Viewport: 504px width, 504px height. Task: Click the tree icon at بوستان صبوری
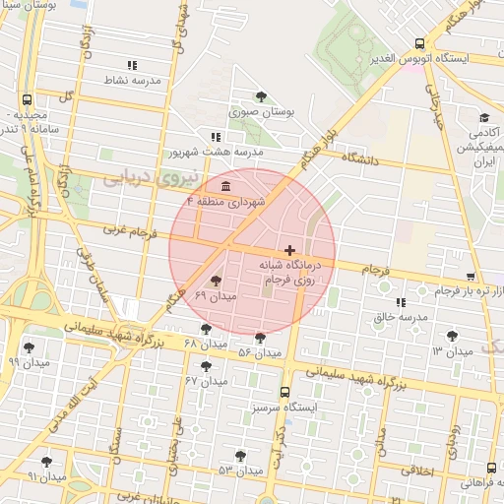261,96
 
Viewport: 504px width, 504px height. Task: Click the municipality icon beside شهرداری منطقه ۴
226,186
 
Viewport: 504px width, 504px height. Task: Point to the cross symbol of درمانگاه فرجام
288,251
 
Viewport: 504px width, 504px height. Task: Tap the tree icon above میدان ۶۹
217,283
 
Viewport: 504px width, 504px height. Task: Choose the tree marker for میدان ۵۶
261,338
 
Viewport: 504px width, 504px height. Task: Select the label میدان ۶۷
206,380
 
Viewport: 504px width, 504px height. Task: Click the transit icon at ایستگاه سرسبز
284,391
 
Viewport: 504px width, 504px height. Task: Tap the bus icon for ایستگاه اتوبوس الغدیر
420,43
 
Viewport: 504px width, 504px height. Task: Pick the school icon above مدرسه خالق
400,302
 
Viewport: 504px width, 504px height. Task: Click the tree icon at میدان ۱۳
453,336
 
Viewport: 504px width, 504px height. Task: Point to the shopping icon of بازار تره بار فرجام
472,277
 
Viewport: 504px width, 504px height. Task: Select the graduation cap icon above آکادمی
485,116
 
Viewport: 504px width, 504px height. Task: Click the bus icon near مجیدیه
26,99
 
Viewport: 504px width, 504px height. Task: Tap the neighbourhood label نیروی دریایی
151,177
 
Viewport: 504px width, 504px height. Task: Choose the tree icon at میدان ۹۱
46,461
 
